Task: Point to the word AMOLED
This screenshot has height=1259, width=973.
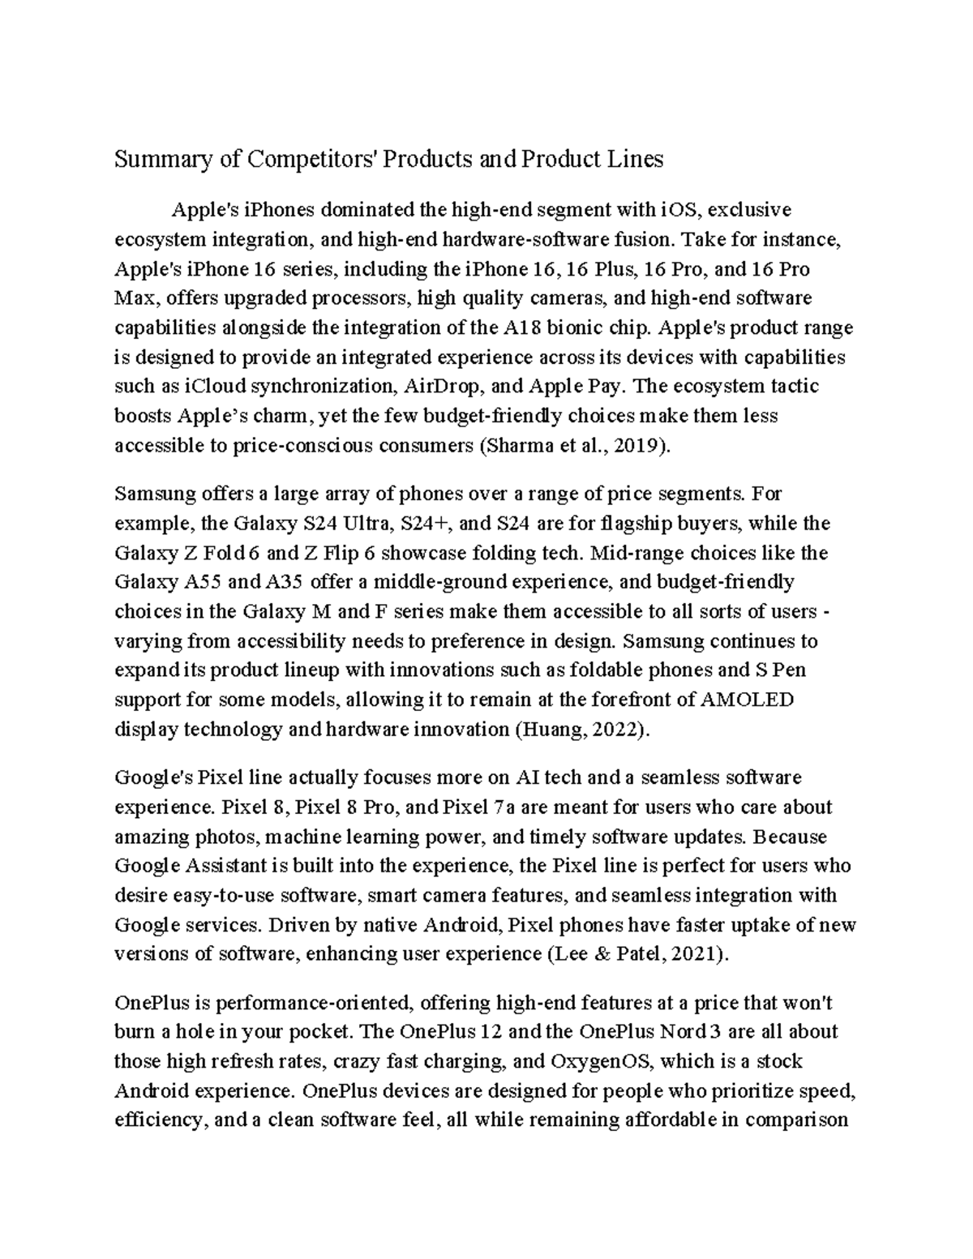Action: click(x=749, y=699)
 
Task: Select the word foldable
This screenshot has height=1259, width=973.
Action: click(x=627, y=670)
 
